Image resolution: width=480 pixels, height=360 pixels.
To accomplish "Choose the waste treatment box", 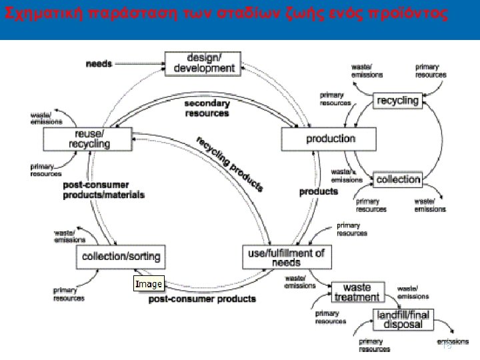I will click(357, 293).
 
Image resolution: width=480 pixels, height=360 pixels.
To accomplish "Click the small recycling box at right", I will click(397, 101).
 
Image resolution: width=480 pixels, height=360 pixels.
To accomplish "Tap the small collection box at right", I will click(398, 179).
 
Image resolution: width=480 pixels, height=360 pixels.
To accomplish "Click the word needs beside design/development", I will click(99, 63).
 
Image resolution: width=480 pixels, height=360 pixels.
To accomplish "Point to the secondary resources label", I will click(207, 108).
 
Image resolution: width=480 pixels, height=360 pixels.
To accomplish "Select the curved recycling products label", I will click(231, 163).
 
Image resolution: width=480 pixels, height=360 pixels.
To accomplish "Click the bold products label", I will click(318, 191).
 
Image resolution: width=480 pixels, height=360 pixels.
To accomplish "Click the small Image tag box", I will click(148, 284).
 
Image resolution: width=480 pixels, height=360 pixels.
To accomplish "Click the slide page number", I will click(447, 345).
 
